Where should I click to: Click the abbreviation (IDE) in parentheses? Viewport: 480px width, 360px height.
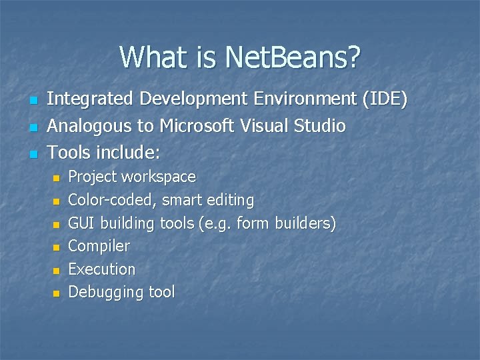tap(383, 99)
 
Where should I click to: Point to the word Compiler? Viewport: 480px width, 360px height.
tap(99, 246)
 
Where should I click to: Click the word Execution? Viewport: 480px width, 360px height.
tap(102, 269)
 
